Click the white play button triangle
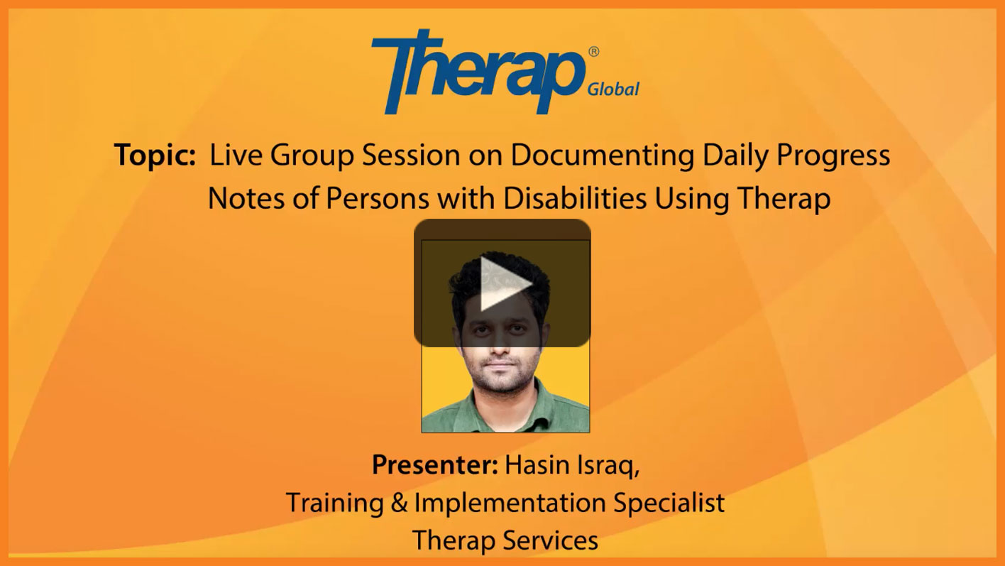point(503,283)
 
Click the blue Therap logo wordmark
point(478,72)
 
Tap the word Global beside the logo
point(613,89)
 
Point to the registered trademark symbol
point(593,52)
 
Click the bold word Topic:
point(155,156)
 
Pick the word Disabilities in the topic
point(575,198)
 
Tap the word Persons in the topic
point(378,198)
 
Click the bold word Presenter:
point(435,464)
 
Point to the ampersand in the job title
point(399,503)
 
